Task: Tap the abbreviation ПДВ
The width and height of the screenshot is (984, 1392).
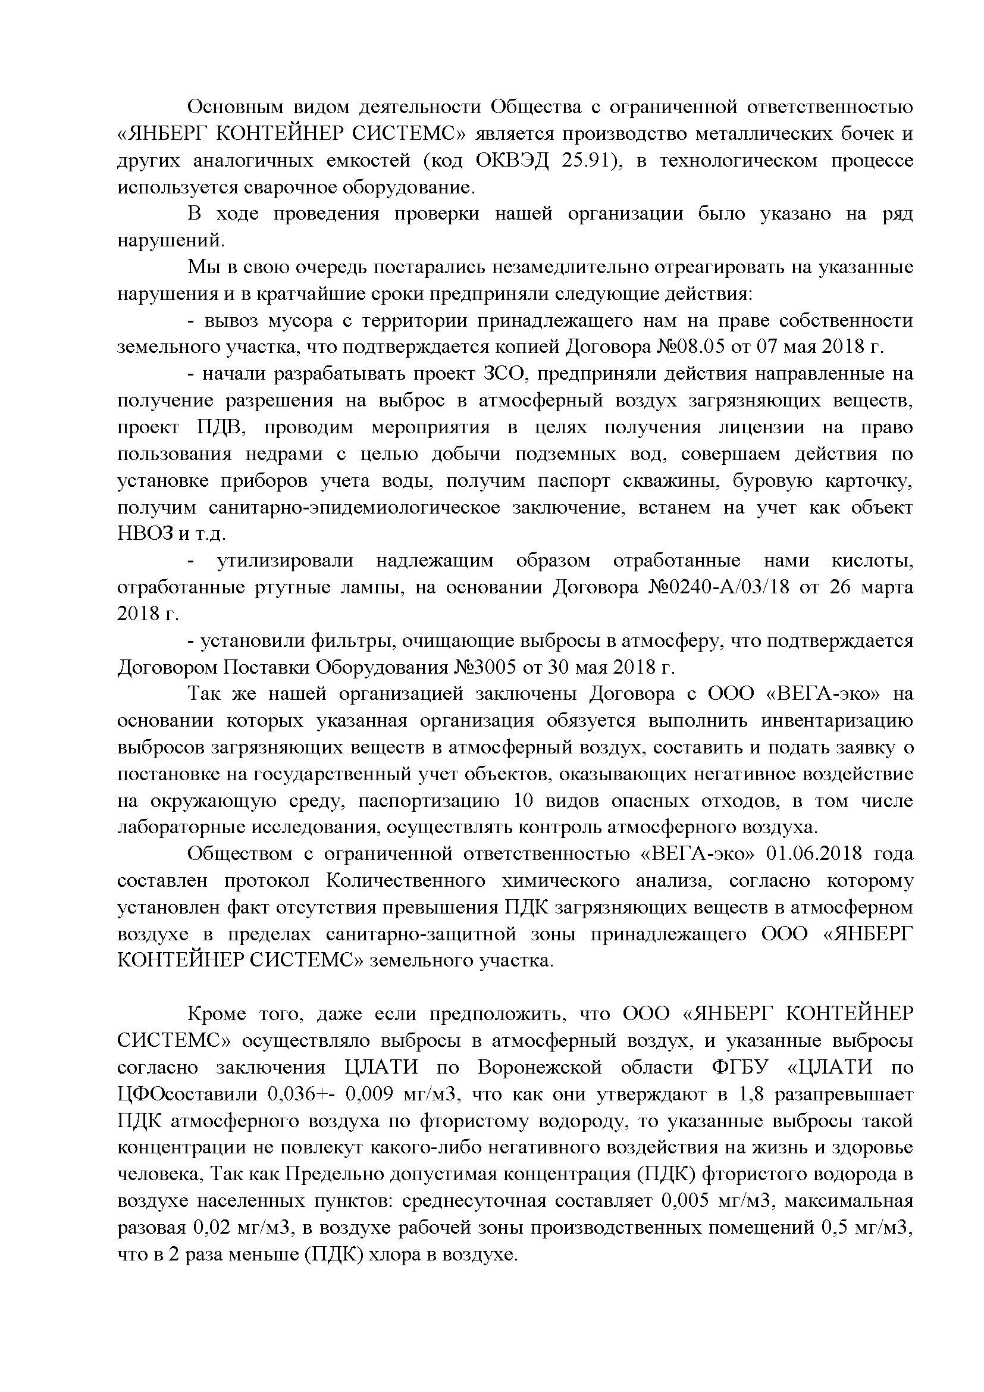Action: tap(222, 427)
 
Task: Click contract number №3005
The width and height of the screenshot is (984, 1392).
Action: tap(485, 668)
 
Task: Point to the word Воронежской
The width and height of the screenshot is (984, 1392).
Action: tap(539, 1068)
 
